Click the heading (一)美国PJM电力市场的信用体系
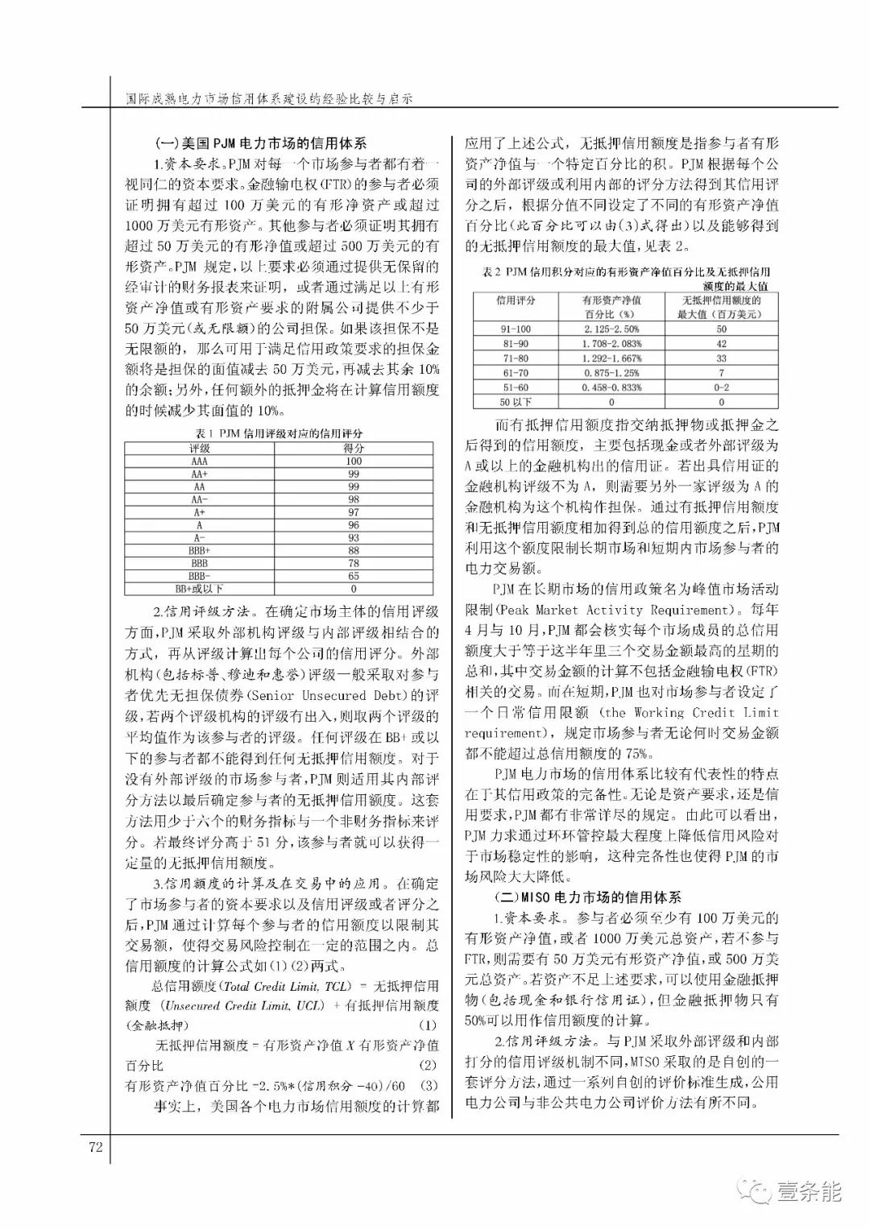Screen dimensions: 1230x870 point(260,144)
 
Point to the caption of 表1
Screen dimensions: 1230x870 point(277,433)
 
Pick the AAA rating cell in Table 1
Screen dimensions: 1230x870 point(199,461)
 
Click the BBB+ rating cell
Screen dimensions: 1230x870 point(199,550)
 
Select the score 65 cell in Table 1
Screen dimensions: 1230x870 point(354,576)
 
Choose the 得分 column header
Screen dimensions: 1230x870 point(354,448)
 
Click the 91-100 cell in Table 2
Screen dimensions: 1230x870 point(516,329)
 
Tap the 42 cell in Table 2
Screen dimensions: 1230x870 point(721,343)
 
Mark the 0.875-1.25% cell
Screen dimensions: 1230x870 point(611,373)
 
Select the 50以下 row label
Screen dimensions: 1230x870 point(516,402)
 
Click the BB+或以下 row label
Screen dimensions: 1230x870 point(199,589)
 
